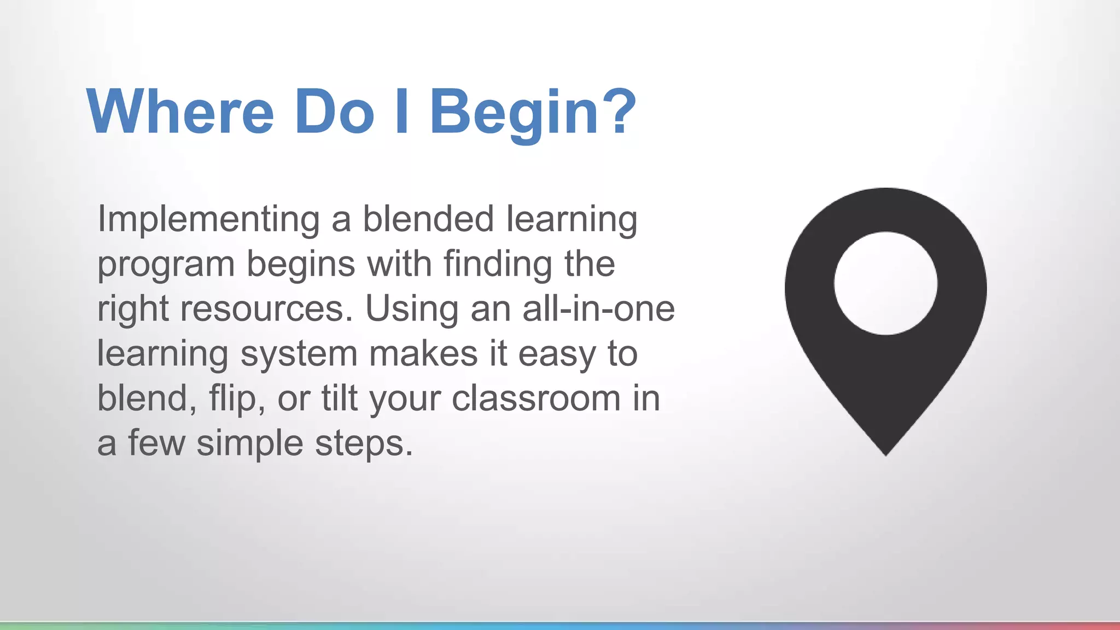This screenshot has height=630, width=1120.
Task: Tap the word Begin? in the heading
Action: [x=533, y=113]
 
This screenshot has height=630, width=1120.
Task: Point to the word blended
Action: [x=428, y=219]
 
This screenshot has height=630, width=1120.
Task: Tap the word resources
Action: [x=266, y=309]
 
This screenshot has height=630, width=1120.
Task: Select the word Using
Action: [x=411, y=309]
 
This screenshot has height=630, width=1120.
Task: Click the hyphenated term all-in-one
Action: [x=598, y=309]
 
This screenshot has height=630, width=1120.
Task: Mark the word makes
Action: [x=423, y=353]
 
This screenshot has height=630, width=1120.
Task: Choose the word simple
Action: [x=249, y=444]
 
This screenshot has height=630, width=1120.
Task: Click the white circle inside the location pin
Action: [x=885, y=283]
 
